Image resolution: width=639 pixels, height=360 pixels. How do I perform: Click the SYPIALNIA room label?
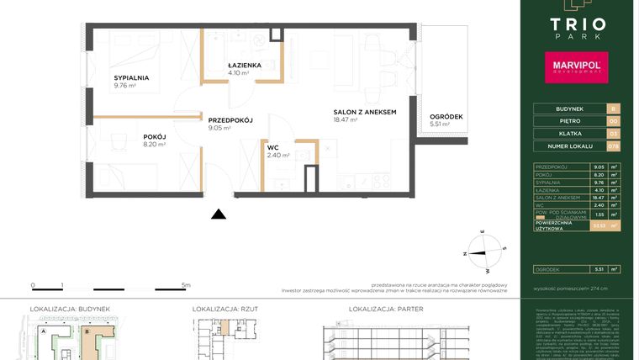[132, 77]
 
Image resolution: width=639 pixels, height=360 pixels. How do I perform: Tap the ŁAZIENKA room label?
[245, 65]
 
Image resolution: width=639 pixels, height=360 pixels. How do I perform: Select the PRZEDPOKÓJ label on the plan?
[230, 120]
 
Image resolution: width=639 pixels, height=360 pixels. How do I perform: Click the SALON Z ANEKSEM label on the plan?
[364, 112]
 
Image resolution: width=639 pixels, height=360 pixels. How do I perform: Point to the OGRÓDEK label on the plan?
[446, 116]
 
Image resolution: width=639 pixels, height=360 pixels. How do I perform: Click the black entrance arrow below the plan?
[219, 214]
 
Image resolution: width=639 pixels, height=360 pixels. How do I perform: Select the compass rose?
[488, 251]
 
